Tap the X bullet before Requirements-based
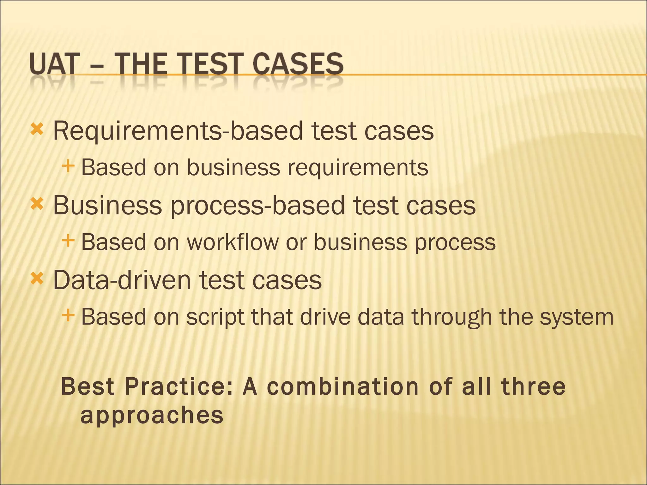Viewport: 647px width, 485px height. pos(37,129)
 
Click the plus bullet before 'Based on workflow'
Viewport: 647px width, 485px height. pos(68,241)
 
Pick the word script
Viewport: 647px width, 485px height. pos(215,317)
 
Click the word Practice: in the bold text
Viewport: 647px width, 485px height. pos(178,387)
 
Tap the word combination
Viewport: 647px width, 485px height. pos(343,387)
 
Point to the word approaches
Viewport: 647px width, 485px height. pos(152,416)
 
